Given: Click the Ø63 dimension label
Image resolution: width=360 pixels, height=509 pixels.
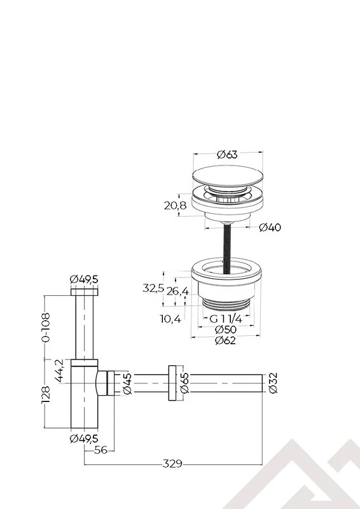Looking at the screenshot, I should pos(227,154).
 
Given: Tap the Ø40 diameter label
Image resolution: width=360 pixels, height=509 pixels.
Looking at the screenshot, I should pos(271,228).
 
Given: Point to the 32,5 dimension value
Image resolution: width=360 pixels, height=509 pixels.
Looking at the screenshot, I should pos(153,288).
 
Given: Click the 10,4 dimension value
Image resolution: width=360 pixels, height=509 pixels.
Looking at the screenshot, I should pos(170,319).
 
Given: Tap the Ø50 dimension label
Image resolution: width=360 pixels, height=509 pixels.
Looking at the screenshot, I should pos(226,330).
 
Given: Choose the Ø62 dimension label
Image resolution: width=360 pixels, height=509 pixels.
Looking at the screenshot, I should pos(226,341).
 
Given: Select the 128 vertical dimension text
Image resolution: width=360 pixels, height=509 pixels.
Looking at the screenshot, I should pos(45,394).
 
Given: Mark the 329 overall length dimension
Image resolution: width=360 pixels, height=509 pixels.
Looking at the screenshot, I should pos(173,463).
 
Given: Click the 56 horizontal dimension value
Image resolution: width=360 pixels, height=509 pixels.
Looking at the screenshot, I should pos(99,449).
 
